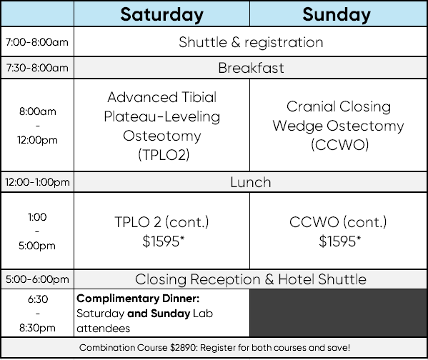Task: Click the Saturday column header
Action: pos(162,15)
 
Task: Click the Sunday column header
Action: pos(337,15)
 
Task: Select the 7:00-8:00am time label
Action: pos(37,42)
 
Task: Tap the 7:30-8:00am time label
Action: pos(37,68)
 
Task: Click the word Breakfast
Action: pos(251,68)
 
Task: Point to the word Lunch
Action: pos(251,182)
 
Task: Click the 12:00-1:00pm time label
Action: pos(37,182)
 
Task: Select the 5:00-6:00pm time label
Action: pos(37,279)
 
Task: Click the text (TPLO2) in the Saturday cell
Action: pos(164,155)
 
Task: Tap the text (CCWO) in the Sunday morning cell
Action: pos(340,145)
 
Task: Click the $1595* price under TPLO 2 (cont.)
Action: pos(163,241)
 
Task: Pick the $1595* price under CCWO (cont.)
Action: pos(339,241)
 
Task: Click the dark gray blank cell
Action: pos(339,313)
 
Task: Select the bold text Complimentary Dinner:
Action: pos(138,299)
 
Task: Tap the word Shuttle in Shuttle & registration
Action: pos(203,42)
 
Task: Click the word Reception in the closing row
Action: pos(225,279)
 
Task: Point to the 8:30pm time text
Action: pos(37,328)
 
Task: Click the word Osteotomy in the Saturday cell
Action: pos(162,136)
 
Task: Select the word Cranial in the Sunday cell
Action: pos(311,106)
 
